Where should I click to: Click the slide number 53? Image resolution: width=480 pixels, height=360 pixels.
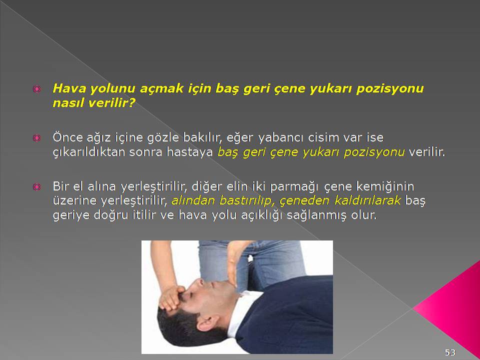coord(450,352)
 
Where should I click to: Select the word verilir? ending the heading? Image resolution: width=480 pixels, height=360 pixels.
coord(111,103)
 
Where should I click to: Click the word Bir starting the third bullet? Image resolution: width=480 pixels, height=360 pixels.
coord(61,186)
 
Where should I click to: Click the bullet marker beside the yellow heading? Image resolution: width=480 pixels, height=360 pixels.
coord(36,89)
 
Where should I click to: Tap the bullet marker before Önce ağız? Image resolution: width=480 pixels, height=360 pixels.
coord(36,138)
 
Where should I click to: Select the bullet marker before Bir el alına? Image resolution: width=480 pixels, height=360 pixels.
coord(36,186)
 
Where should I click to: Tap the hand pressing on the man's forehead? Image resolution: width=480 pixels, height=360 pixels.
coord(171,297)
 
